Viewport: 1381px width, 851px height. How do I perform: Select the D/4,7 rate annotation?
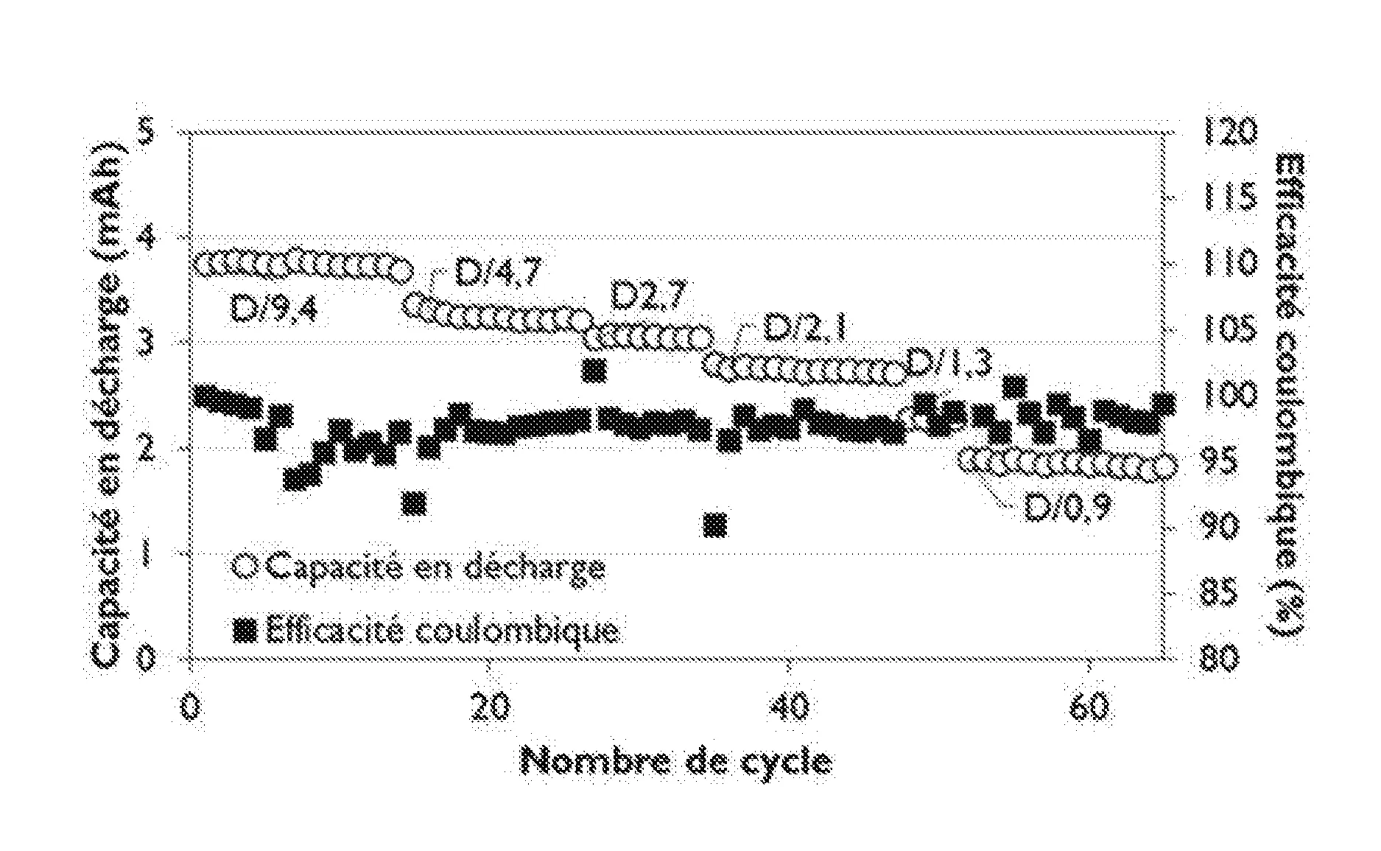click(x=499, y=274)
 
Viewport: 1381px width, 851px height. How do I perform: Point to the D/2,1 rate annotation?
click(x=804, y=327)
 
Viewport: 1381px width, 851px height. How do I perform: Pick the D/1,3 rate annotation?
click(x=949, y=363)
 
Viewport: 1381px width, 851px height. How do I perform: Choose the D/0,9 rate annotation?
click(x=1068, y=506)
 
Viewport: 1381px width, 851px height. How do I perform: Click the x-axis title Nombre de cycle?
click(x=678, y=762)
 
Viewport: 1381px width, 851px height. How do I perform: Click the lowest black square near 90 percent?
click(x=715, y=525)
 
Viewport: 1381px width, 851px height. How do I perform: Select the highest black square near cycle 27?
click(x=594, y=370)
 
